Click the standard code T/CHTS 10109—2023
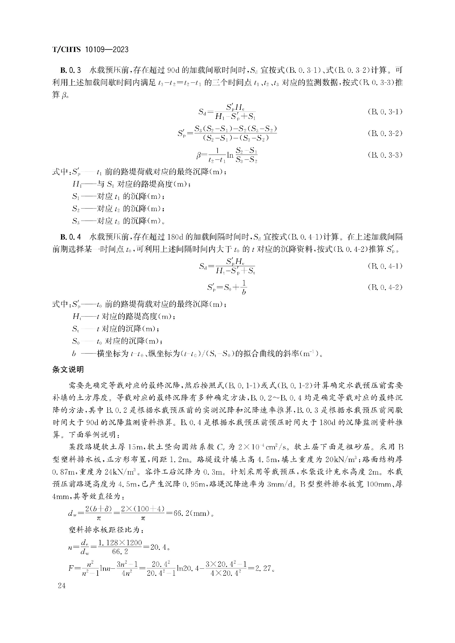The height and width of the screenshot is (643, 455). [90, 50]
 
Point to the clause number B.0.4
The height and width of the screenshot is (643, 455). [71, 237]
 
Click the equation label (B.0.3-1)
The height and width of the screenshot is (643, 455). [385, 112]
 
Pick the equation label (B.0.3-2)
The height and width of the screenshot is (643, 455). [385, 133]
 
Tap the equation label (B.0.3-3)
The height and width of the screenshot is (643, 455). [385, 155]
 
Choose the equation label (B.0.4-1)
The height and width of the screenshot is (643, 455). [385, 266]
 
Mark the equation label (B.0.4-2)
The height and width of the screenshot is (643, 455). [385, 287]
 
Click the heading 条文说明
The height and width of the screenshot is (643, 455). [68, 370]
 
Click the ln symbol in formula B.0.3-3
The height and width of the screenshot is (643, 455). [230, 155]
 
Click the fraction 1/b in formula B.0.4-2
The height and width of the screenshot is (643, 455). [244, 287]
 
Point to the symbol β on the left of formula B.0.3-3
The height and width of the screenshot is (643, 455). [199, 155]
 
